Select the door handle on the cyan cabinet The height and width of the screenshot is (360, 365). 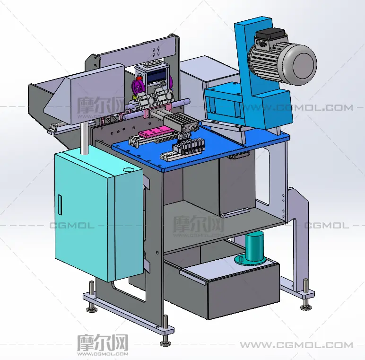click(60, 205)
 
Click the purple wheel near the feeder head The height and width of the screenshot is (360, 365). click(138, 87)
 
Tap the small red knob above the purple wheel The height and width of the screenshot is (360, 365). click(139, 78)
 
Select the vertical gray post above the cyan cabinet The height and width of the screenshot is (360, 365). click(84, 139)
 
